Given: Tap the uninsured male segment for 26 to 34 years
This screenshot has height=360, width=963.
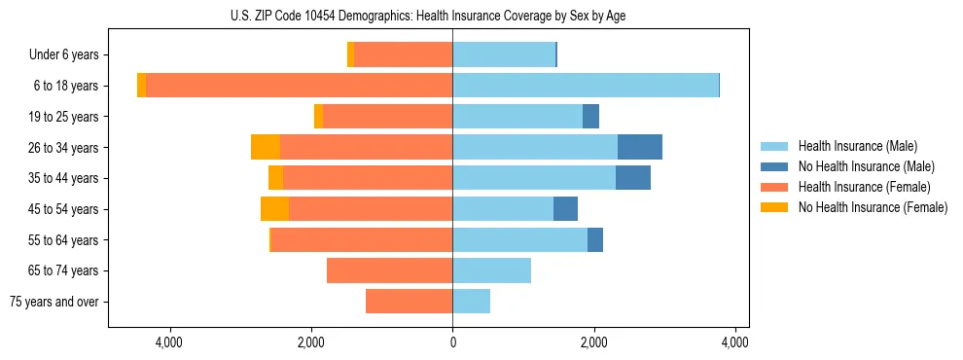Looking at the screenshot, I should coord(639,147).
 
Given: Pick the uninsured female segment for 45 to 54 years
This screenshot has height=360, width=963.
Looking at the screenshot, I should coord(274,209).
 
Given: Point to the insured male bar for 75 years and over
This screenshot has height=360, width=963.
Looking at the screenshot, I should coord(471,302).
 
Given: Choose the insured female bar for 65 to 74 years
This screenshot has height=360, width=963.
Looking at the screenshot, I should coord(389,270).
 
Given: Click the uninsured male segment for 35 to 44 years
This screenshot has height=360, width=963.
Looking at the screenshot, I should coord(632,178).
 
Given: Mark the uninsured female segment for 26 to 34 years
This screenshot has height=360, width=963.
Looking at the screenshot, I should coord(266,147).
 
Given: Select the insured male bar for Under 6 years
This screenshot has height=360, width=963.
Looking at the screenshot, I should coord(504,54).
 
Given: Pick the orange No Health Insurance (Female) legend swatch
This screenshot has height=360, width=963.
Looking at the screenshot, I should coord(775,207).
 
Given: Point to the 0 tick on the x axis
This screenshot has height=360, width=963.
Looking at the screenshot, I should coord(452,342).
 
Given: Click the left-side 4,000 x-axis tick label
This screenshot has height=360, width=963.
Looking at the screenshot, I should coord(169,342).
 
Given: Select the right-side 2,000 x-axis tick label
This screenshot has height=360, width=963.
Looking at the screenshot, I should coord(593,342).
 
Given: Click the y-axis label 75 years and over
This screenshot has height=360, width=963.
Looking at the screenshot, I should coord(54,302).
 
